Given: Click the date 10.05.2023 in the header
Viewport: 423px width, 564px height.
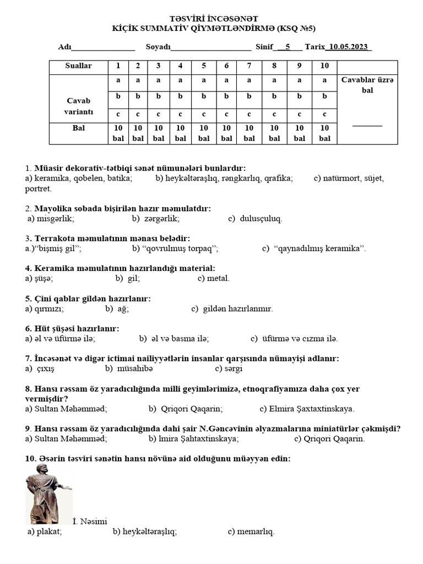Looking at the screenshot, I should [x=349, y=47].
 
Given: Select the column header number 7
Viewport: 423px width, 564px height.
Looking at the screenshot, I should [x=249, y=66].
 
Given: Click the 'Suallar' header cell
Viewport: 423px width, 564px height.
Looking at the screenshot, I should [x=79, y=66].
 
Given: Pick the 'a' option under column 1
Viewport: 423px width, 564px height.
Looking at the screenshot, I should [x=118, y=80].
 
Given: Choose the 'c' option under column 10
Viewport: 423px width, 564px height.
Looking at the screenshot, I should [x=324, y=115].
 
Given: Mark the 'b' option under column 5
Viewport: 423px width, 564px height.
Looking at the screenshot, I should [x=203, y=96].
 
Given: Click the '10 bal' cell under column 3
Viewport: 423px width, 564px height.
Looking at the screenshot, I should [x=159, y=133].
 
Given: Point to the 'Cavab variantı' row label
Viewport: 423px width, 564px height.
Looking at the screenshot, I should [x=79, y=106].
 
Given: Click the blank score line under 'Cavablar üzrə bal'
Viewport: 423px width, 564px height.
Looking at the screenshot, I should [x=367, y=125].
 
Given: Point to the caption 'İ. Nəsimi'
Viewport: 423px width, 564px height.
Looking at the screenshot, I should [x=90, y=522].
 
